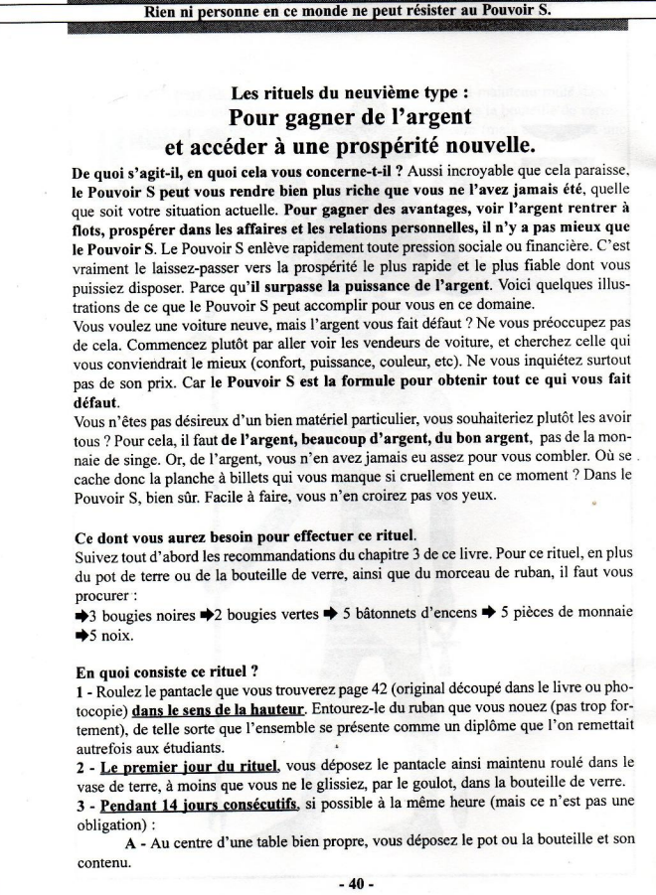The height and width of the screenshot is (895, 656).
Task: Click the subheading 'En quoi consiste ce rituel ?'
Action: (174, 672)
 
